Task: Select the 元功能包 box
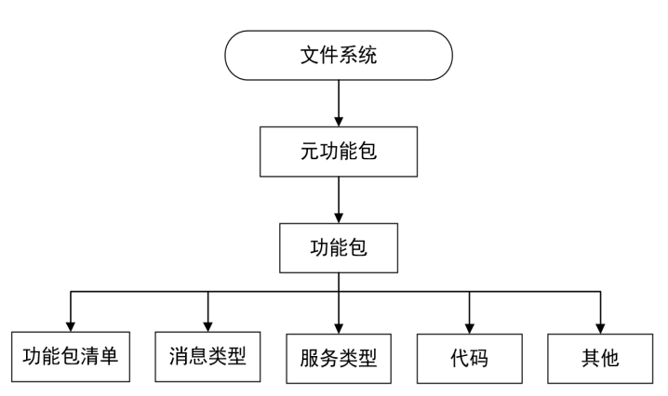pos(339,151)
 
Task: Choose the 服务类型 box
pos(339,356)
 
